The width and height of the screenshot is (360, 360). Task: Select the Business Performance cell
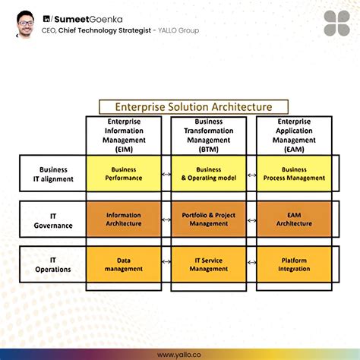click(124, 174)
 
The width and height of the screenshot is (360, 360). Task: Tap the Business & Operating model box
click(209, 174)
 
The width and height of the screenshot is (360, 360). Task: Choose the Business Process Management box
click(294, 174)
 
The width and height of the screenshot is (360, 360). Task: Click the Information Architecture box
click(124, 219)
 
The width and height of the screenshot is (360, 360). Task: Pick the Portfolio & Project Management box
click(209, 219)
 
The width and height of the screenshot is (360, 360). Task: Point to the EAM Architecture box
click(294, 219)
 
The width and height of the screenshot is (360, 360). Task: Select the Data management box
click(124, 264)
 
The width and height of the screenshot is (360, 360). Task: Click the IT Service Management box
click(209, 264)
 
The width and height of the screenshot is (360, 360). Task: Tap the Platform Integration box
click(294, 264)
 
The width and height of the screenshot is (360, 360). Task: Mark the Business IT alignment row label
click(53, 174)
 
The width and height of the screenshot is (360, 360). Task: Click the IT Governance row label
click(53, 219)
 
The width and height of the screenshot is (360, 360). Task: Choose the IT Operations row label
click(53, 264)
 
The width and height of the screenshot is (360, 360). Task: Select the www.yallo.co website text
click(180, 353)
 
